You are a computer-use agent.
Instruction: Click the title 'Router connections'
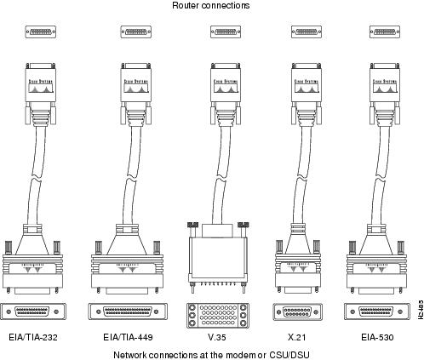[x=211, y=6]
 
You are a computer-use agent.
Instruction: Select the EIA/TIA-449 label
[x=131, y=336]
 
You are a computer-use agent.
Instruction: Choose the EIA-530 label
[x=380, y=336]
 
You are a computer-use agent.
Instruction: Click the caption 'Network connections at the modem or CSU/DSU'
[x=211, y=353]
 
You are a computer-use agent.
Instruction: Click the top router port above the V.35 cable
[x=223, y=32]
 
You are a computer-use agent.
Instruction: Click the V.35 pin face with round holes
[x=218, y=312]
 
